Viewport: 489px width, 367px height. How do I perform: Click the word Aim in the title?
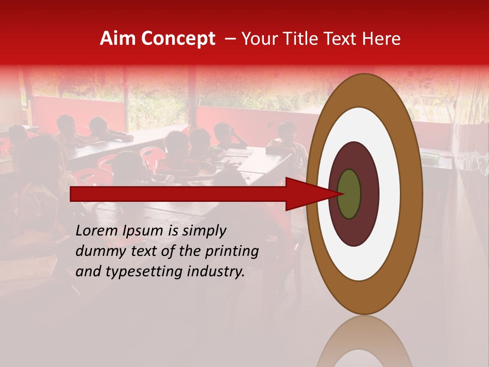point(118,39)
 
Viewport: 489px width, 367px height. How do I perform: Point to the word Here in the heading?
point(382,39)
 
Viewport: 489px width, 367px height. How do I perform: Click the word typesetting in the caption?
point(135,272)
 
